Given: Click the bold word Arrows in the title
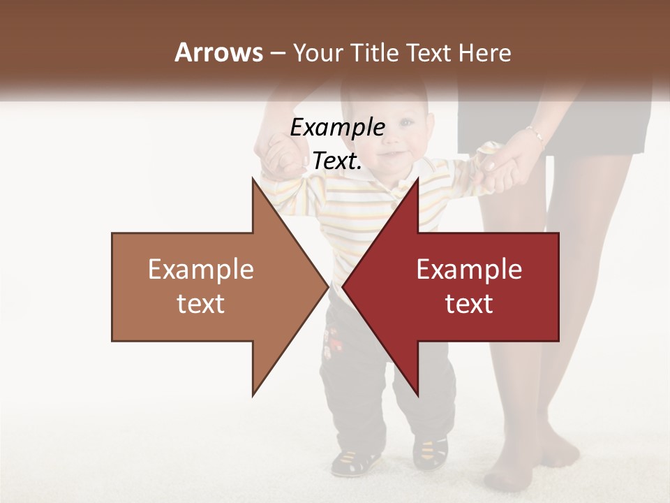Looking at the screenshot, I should (218, 52).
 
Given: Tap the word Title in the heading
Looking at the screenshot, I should (373, 53).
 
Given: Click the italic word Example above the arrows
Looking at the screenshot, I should (337, 128).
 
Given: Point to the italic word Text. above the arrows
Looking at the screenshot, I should (337, 161).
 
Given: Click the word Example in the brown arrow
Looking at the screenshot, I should (201, 269).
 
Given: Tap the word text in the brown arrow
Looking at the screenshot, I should (201, 304).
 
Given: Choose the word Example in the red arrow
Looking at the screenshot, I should (469, 269).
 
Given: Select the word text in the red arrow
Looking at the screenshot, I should (469, 304).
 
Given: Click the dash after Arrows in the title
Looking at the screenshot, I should (277, 53).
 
